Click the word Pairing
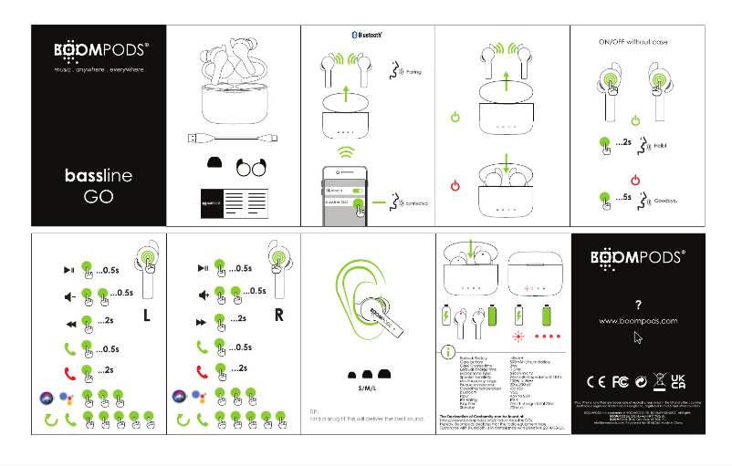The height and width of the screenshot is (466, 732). pyautogui.click(x=413, y=70)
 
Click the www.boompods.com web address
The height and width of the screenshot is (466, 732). pyautogui.click(x=638, y=321)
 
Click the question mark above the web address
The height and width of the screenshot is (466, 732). pyautogui.click(x=638, y=305)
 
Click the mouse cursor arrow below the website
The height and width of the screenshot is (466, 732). pyautogui.click(x=638, y=337)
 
